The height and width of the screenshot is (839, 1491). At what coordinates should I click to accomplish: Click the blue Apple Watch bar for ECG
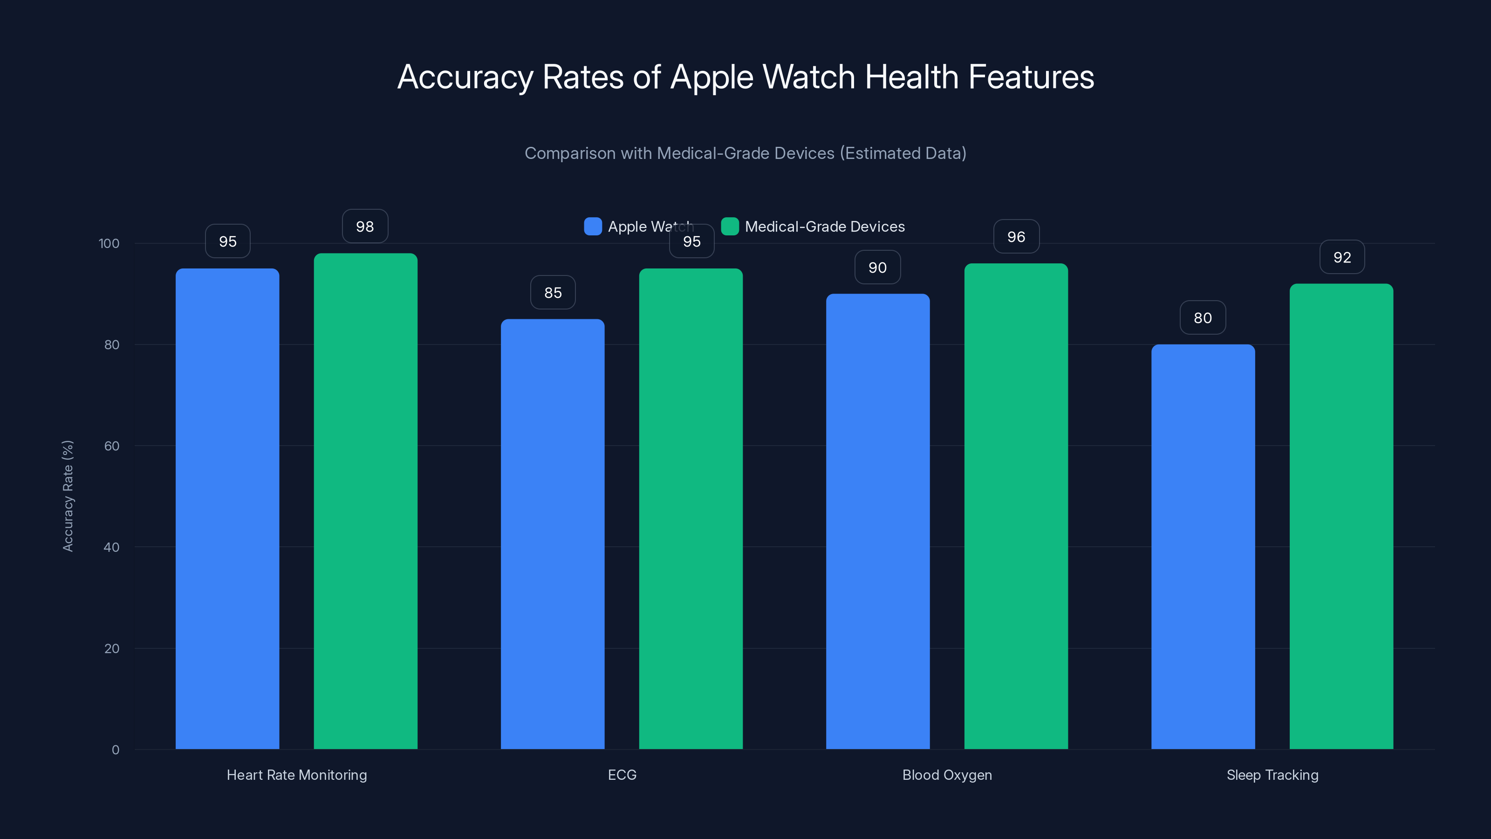coord(552,533)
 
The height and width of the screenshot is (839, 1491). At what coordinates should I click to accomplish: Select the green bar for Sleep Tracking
coord(1341,516)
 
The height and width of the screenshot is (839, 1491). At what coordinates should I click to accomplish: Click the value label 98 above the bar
coord(365,227)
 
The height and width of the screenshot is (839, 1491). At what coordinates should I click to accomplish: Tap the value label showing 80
coord(1203,317)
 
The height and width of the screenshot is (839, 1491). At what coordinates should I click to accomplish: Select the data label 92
coord(1342,257)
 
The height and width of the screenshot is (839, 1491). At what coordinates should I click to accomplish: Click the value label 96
coord(1016,236)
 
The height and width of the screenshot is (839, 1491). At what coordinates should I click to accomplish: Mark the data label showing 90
coord(877,267)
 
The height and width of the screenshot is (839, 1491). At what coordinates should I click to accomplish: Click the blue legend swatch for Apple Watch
coord(593,227)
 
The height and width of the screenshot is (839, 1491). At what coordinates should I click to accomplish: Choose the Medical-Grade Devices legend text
coord(824,227)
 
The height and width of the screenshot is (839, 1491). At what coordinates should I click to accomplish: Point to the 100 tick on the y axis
coord(109,243)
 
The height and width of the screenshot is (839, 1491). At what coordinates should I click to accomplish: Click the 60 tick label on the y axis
coord(112,446)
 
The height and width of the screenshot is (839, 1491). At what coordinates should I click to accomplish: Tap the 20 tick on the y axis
coord(112,648)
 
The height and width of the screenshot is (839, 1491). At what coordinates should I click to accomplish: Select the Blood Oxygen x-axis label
coord(947,775)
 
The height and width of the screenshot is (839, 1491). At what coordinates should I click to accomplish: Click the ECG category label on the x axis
coord(622,775)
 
